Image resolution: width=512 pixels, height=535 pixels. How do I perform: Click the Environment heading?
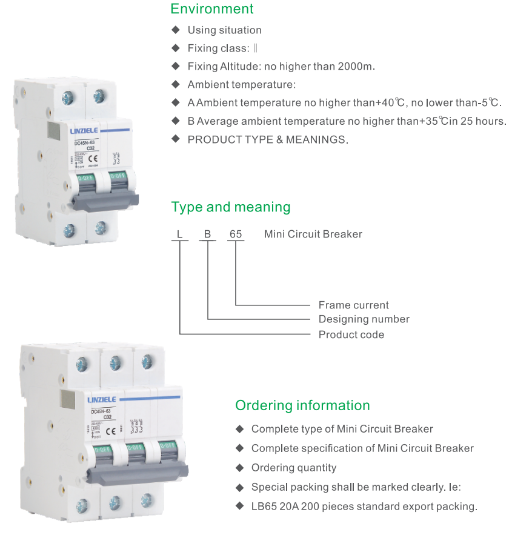point(212,9)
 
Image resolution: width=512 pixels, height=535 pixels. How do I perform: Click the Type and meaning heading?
point(231,207)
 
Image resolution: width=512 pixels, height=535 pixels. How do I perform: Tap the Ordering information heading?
point(302,405)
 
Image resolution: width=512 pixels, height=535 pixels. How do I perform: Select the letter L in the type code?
point(179,234)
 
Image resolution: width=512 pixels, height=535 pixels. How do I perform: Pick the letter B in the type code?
point(207,234)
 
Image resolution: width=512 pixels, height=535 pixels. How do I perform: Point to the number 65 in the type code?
point(235,234)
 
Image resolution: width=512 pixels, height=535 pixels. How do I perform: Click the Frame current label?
point(354,305)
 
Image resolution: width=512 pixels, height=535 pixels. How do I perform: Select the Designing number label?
point(364,319)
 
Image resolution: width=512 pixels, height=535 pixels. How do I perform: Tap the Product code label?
point(351,334)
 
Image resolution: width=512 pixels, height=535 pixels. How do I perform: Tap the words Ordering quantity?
point(294,468)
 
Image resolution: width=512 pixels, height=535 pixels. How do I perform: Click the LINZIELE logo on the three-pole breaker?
point(105,400)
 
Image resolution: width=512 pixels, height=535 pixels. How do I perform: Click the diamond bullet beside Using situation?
point(176,30)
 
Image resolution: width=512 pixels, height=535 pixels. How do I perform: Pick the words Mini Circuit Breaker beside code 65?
point(313,234)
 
